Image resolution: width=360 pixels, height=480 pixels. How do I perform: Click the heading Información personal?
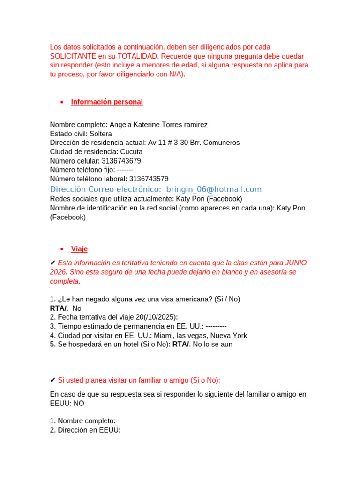point(107,102)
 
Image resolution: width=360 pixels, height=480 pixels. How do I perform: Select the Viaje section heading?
point(79,249)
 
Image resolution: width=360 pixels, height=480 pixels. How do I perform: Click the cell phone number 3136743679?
point(121,161)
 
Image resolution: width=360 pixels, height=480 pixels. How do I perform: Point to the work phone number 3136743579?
point(149,179)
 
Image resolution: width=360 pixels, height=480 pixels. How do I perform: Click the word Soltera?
point(101,134)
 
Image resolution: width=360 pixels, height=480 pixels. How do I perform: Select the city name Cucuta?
point(131,152)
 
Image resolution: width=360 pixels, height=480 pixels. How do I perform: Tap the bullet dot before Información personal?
point(62,103)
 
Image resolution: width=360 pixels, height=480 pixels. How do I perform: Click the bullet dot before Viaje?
point(62,249)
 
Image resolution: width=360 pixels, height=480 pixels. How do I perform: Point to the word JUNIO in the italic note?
point(296,263)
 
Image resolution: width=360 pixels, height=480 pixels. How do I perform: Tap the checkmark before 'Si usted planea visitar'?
point(53,380)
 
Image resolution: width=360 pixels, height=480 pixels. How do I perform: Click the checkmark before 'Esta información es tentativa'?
point(53,263)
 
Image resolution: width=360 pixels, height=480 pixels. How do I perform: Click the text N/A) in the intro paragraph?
point(177,75)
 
